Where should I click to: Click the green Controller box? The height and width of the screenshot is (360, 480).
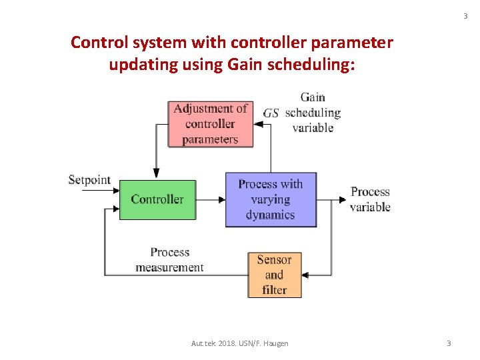tap(157, 199)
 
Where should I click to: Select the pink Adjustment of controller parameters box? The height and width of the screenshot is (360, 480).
tap(211, 123)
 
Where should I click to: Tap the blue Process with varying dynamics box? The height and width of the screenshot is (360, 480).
tap(270, 199)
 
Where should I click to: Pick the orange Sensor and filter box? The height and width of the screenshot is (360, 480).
tap(275, 275)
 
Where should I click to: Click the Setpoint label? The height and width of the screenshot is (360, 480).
tap(89, 180)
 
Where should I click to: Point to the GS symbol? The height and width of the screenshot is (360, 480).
tap(271, 113)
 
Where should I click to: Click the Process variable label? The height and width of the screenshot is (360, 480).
tap(370, 199)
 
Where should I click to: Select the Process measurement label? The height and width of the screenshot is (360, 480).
tap(169, 260)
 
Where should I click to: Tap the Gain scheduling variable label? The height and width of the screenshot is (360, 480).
tap(313, 112)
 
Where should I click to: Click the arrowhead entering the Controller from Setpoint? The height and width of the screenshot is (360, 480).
tap(115, 192)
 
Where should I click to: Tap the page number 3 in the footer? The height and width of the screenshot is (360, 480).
tap(449, 343)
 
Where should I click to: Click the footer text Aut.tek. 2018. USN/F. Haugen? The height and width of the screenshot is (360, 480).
tap(239, 343)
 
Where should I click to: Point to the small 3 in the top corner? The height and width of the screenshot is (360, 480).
tap(465, 16)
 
